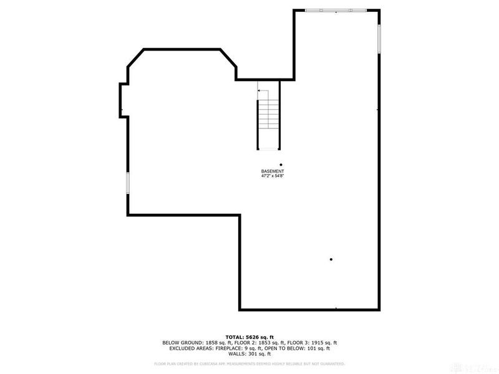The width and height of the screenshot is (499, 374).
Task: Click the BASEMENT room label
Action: [272, 171]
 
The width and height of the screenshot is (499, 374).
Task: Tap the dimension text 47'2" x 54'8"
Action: [272, 176]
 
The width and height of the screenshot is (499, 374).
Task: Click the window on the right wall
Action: [379, 39]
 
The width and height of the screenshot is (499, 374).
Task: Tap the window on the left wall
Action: [128, 184]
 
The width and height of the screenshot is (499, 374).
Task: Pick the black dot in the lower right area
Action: [331, 259]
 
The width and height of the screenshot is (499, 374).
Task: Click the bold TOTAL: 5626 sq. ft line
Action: [249, 337]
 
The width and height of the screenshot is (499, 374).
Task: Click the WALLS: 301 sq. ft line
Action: [249, 354]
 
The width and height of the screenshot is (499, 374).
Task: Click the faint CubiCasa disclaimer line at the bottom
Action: [249, 363]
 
